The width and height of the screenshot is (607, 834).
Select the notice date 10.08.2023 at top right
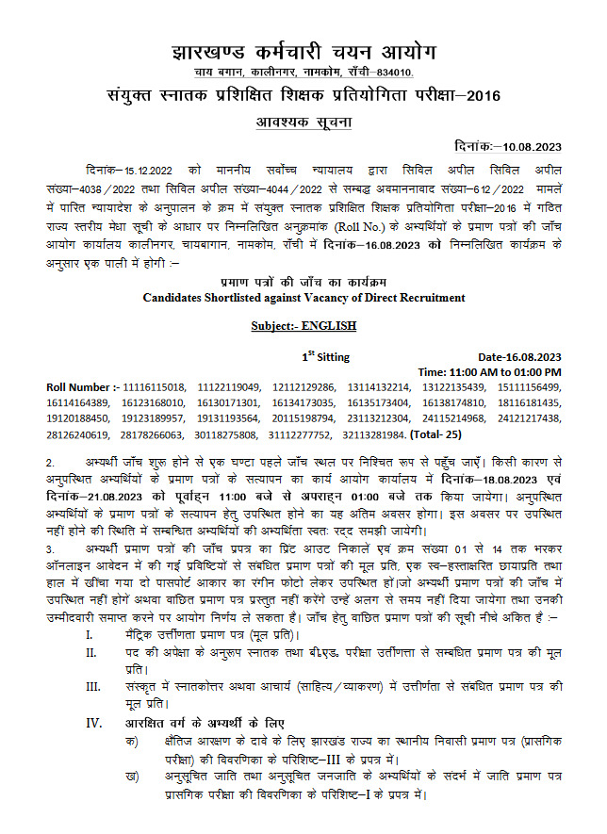528,146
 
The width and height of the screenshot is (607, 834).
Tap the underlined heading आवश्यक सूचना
303,123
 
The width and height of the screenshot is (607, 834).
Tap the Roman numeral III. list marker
92,686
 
